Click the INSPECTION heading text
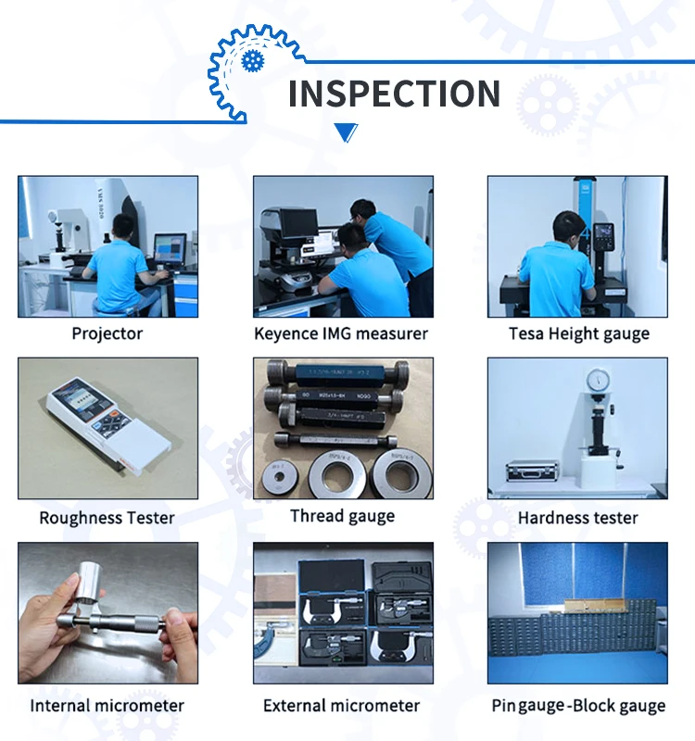394,94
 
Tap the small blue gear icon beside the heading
252,61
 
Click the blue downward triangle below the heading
346,132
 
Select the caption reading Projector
107,333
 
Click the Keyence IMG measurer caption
342,333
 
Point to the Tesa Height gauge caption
579,333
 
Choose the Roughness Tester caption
107,518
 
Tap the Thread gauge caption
342,516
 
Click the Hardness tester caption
578,518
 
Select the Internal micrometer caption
107,706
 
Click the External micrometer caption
342,706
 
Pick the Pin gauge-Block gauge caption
578,706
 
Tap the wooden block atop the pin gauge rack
589,605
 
